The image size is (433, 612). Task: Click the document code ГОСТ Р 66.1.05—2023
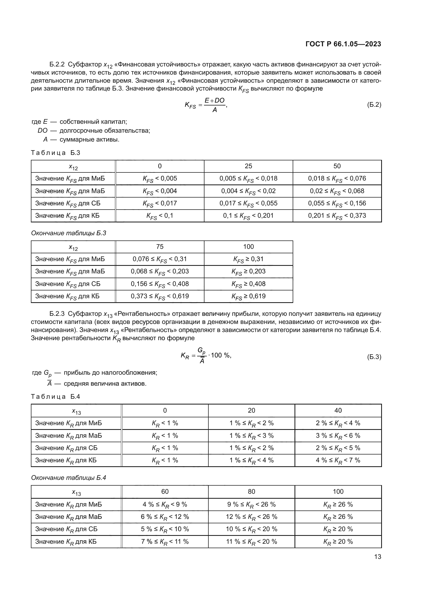[343, 44]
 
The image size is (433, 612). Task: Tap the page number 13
[378, 557]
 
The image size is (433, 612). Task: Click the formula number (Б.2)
[374, 105]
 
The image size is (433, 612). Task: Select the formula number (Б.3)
[374, 357]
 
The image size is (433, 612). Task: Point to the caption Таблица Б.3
[55, 153]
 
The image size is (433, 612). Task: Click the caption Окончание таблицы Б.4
[69, 478]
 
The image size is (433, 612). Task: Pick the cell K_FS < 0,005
[160, 179]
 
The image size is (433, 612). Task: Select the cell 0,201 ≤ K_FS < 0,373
[337, 216]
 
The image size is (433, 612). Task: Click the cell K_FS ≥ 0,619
[248, 296]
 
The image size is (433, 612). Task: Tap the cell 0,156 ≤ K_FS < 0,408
[160, 284]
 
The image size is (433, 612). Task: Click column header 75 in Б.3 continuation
[160, 246]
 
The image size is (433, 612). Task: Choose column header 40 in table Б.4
[338, 410]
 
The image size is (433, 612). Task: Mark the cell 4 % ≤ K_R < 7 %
[338, 460]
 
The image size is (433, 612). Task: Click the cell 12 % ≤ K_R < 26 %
[251, 517]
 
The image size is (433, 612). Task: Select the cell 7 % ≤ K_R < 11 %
[165, 542]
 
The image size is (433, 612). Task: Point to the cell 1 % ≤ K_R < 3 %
[251, 436]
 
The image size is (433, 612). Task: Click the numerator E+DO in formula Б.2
[214, 100]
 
